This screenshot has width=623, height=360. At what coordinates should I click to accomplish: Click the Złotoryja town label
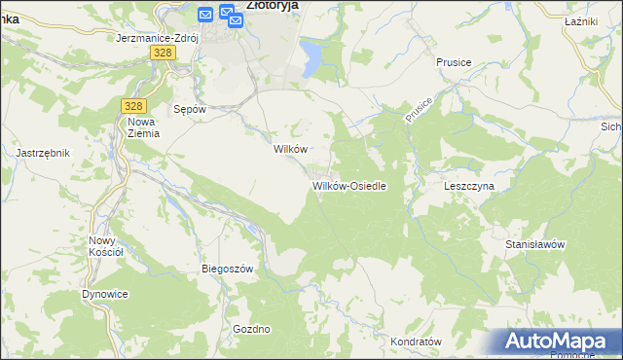[272, 5]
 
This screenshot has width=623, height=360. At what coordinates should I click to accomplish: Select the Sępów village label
[189, 109]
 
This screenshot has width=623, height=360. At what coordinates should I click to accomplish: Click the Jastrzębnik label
[43, 153]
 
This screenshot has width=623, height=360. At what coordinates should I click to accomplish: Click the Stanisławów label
[535, 244]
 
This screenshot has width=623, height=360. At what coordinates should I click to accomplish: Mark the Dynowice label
[105, 294]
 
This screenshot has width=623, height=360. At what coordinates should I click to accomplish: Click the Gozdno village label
[251, 329]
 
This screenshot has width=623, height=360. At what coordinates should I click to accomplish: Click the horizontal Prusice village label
[454, 62]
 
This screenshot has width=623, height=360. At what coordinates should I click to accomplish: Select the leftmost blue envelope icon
[205, 15]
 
